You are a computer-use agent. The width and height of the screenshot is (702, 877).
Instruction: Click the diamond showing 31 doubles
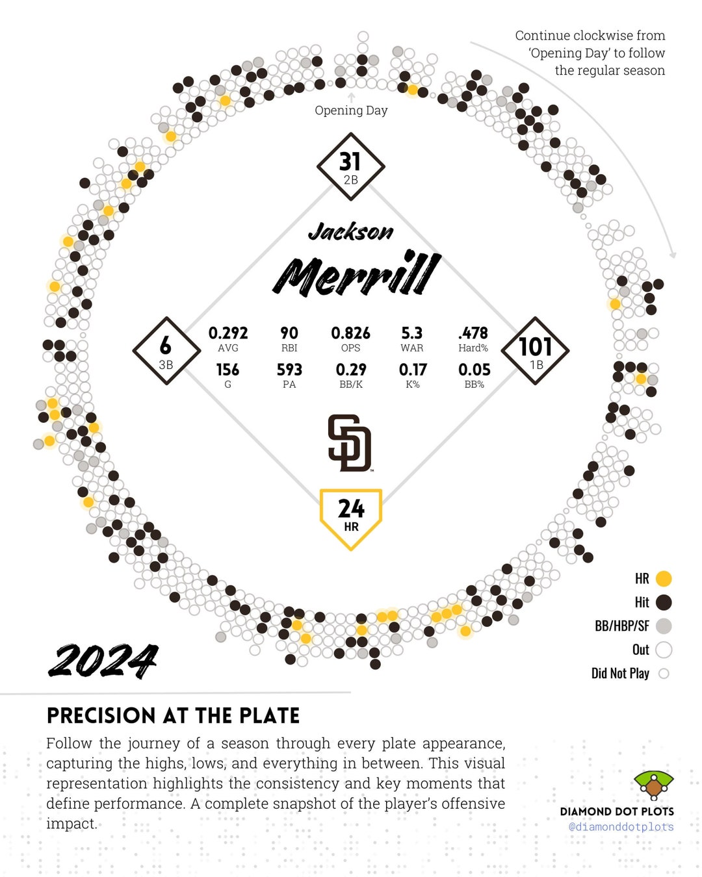pos(350,166)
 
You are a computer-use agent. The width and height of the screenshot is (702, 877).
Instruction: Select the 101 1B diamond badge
pos(536,351)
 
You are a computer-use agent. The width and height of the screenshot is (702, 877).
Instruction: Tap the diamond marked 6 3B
pos(166,351)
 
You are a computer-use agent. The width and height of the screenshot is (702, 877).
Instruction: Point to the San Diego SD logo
pos(350,443)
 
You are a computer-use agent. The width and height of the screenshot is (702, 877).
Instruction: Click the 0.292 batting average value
pos(227,333)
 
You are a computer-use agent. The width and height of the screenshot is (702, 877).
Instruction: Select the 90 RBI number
pos(289,333)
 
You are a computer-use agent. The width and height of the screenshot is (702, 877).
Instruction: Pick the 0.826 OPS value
pos(350,333)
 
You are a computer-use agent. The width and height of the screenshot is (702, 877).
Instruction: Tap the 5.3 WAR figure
pos(411,333)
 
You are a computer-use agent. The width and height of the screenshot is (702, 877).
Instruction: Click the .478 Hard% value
pos(473,333)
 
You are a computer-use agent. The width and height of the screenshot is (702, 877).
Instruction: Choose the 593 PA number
pos(289,370)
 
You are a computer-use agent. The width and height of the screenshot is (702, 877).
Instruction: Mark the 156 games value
pos(227,370)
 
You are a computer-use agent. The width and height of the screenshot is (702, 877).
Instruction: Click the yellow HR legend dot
pos(664,578)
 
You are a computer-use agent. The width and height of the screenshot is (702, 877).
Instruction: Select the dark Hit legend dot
pos(664,602)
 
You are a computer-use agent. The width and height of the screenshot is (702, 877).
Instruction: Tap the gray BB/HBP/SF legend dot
pos(664,626)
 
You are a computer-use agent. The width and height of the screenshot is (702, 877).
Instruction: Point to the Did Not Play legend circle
pos(664,674)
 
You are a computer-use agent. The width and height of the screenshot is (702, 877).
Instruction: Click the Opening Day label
pos(351,110)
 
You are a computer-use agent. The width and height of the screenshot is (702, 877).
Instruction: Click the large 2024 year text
pos(103,661)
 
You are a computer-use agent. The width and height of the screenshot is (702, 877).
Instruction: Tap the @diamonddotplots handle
pos(621,827)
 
